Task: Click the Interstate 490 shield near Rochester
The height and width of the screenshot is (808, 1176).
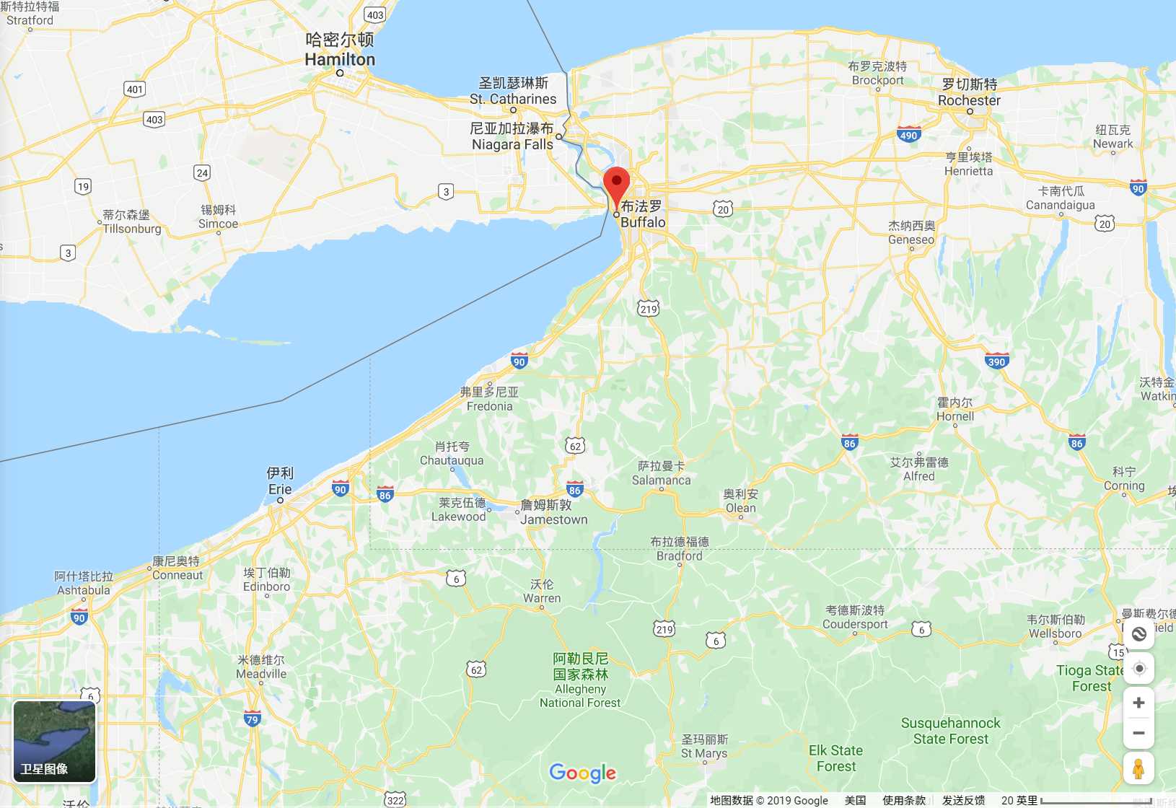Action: (908, 135)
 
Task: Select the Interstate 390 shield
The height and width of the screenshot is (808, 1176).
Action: (996, 361)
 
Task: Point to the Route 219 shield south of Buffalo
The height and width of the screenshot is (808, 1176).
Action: (648, 309)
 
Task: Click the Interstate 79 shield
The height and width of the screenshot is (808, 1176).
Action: (252, 719)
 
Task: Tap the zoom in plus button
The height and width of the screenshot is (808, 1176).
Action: (1138, 703)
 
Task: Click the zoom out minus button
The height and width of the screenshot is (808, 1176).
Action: (1138, 733)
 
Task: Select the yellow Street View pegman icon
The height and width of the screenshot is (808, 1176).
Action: (1138, 768)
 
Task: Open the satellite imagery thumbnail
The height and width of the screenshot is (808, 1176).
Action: (55, 742)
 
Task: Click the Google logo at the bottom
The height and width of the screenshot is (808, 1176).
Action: (582, 773)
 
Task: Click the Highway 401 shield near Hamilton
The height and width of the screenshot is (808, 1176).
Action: (135, 89)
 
